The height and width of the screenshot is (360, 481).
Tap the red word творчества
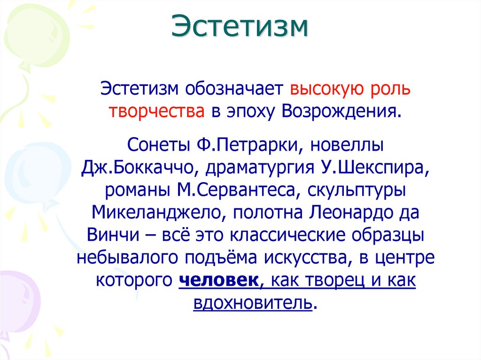pyautogui.click(x=156, y=112)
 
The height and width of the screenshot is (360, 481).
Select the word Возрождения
pyautogui.click(x=341, y=112)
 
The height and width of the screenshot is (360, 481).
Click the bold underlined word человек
pyautogui.click(x=217, y=281)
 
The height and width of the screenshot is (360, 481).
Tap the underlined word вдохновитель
pyautogui.click(x=252, y=303)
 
